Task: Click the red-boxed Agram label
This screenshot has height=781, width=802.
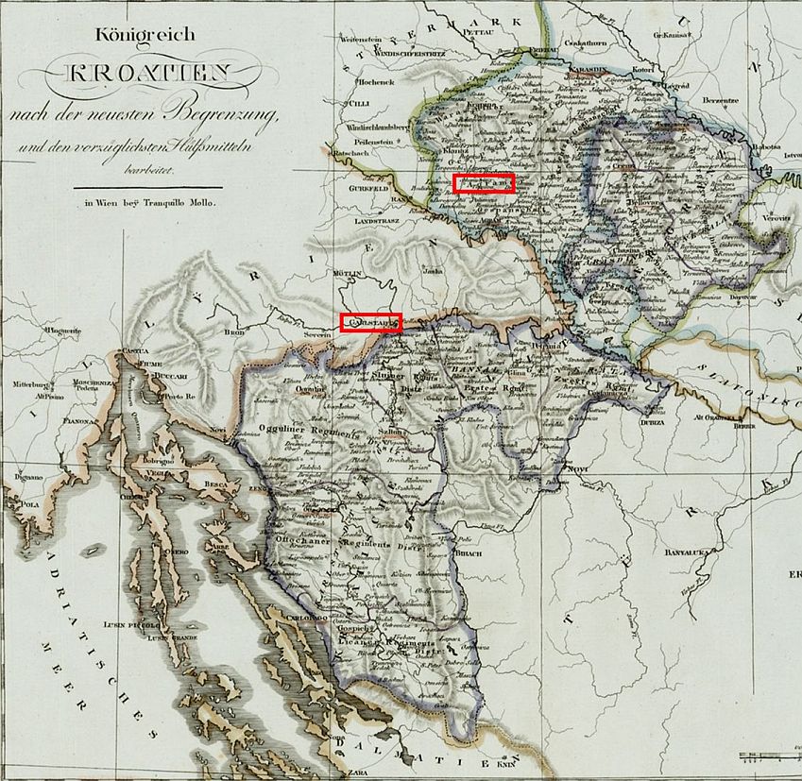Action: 483,183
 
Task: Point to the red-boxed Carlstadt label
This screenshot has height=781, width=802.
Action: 371,322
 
